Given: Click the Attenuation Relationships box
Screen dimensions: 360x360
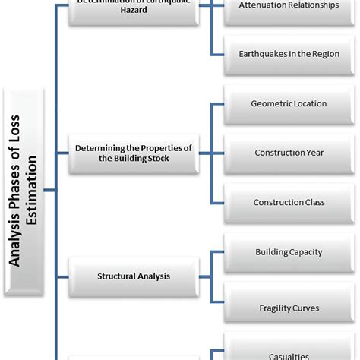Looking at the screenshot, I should coord(289,6).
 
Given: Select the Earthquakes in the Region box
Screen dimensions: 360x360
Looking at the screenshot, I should coord(289,54).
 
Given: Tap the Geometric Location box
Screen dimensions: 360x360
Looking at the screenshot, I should coord(289,103).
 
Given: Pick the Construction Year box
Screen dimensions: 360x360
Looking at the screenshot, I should coord(289,153).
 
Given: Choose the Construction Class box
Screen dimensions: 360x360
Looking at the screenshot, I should coord(289,202).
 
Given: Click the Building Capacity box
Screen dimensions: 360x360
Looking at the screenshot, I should coord(289,251).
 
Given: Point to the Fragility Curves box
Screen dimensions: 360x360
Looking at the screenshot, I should coord(289,308).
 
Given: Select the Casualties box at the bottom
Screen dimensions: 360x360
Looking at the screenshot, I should coord(289,353).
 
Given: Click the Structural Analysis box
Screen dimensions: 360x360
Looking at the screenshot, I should coord(133,276).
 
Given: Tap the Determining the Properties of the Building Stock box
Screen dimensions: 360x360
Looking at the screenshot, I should coord(133,153).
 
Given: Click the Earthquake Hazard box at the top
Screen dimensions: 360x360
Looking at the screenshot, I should coord(133,11).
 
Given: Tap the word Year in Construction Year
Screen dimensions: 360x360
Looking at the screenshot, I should coord(313,153).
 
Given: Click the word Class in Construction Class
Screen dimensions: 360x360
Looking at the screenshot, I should coord(312,202).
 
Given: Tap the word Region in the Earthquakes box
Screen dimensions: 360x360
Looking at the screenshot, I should coord(323,54).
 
